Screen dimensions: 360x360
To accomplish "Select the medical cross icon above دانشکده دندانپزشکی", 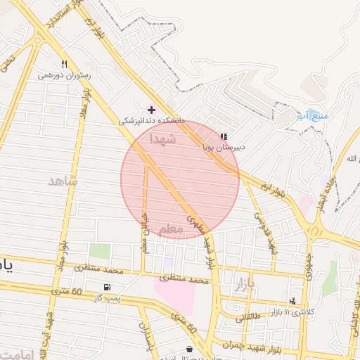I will coord(151,110).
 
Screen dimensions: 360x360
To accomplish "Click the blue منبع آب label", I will coord(308,114).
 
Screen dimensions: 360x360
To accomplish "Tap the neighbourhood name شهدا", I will coord(161,140).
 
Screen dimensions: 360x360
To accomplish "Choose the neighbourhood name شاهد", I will coord(63,181).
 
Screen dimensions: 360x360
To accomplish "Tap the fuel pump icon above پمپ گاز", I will coord(106,287).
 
